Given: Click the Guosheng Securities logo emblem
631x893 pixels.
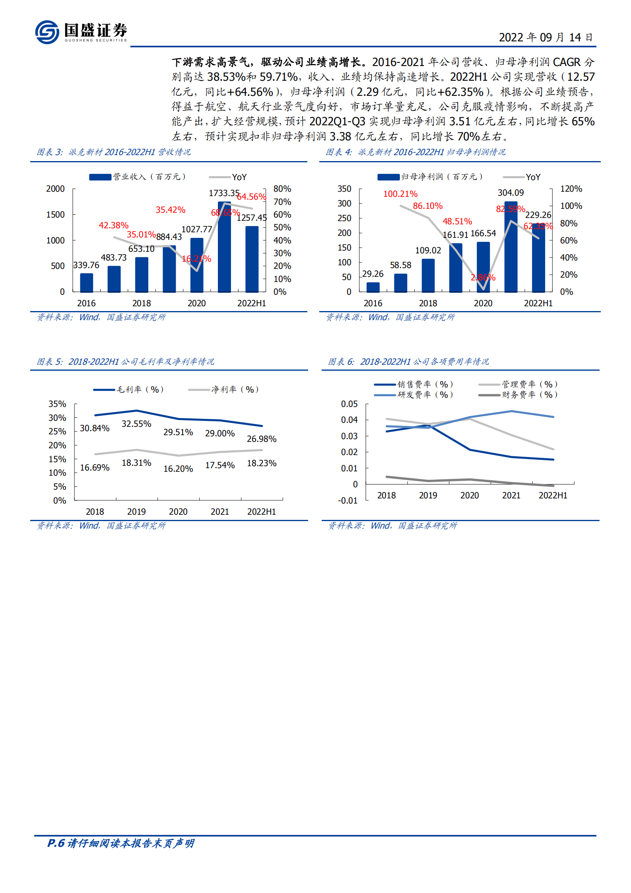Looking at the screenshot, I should click(47, 32).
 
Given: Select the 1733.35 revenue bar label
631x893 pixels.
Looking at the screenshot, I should click(224, 193).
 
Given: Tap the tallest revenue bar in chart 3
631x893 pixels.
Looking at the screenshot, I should click(224, 247).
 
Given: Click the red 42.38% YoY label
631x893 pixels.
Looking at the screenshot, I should click(114, 225).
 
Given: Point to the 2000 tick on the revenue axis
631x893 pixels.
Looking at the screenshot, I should click(55, 189).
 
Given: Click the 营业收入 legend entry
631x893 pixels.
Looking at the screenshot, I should click(138, 177).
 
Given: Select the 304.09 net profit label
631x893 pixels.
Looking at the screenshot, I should click(511, 193).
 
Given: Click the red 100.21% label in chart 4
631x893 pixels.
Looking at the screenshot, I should click(400, 194).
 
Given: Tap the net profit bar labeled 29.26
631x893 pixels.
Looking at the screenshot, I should click(373, 287).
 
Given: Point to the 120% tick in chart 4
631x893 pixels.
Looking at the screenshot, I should click(571, 189).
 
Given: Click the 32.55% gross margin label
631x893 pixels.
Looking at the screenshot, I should click(136, 424).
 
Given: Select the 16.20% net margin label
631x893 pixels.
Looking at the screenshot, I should click(178, 469).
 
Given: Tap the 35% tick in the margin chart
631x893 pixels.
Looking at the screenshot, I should click(57, 404).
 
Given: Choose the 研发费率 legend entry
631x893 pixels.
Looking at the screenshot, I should click(414, 395).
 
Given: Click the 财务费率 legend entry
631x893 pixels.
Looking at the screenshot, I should click(518, 395).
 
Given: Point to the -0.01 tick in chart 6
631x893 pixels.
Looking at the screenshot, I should click(348, 501).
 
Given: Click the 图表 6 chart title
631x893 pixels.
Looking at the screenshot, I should click(408, 362).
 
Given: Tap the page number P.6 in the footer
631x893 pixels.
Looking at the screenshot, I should click(56, 843).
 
